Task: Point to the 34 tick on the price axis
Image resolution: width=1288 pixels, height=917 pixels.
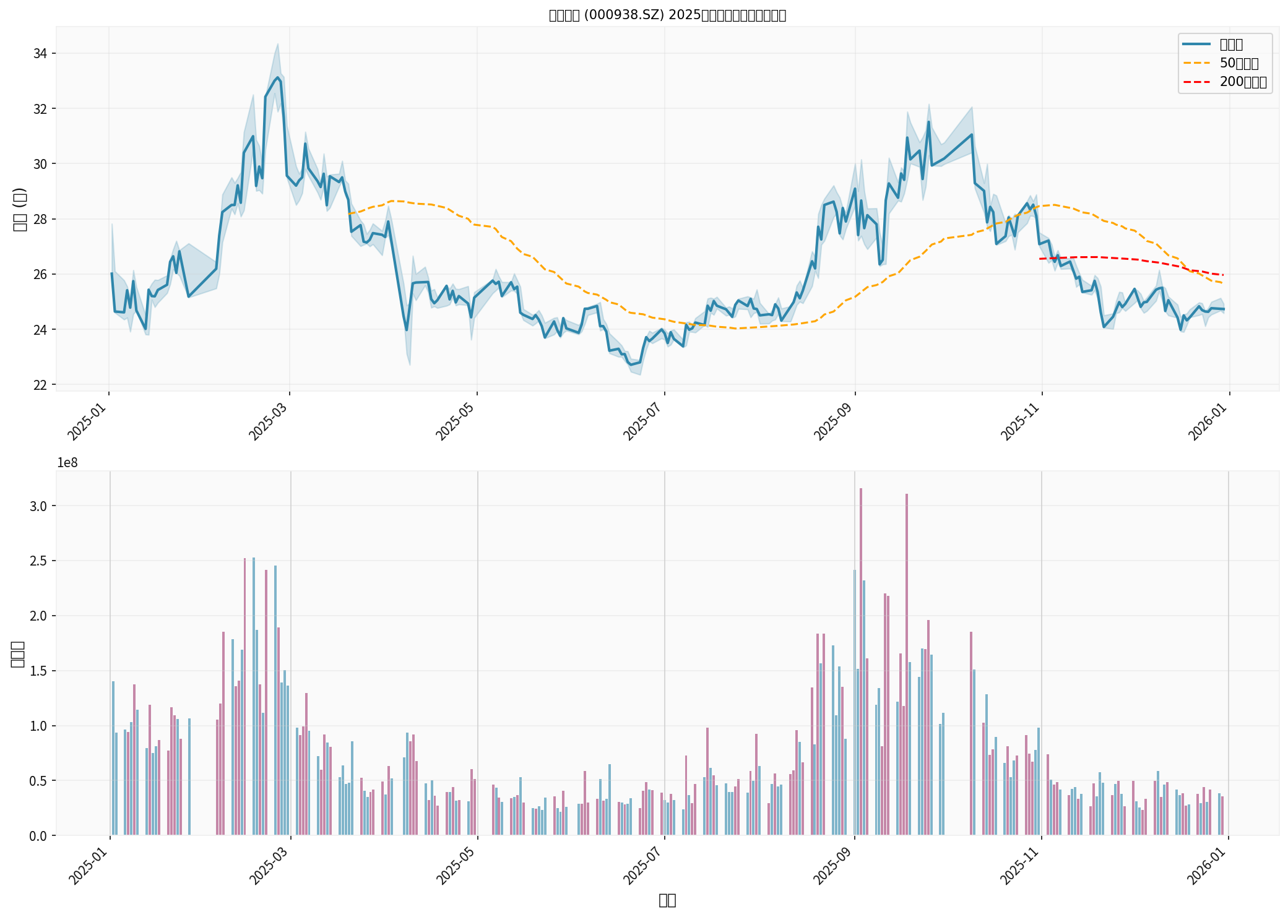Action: click(x=40, y=54)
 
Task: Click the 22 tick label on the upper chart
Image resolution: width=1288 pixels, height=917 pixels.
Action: click(x=40, y=385)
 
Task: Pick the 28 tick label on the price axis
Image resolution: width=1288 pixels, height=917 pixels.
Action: click(x=40, y=219)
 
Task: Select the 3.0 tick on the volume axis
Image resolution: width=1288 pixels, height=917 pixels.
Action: click(x=38, y=506)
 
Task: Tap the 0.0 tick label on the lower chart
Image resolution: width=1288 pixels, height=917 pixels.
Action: click(x=38, y=836)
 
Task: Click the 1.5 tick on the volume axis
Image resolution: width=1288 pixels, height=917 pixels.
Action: click(x=38, y=671)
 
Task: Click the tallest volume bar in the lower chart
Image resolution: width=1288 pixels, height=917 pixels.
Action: click(x=861, y=662)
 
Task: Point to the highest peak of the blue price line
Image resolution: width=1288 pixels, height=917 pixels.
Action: click(x=277, y=77)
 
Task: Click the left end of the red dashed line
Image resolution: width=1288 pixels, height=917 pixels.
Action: click(x=1040, y=259)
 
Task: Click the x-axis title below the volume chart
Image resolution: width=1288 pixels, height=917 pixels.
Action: click(x=667, y=900)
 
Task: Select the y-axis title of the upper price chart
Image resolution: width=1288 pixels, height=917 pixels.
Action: click(x=19, y=209)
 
